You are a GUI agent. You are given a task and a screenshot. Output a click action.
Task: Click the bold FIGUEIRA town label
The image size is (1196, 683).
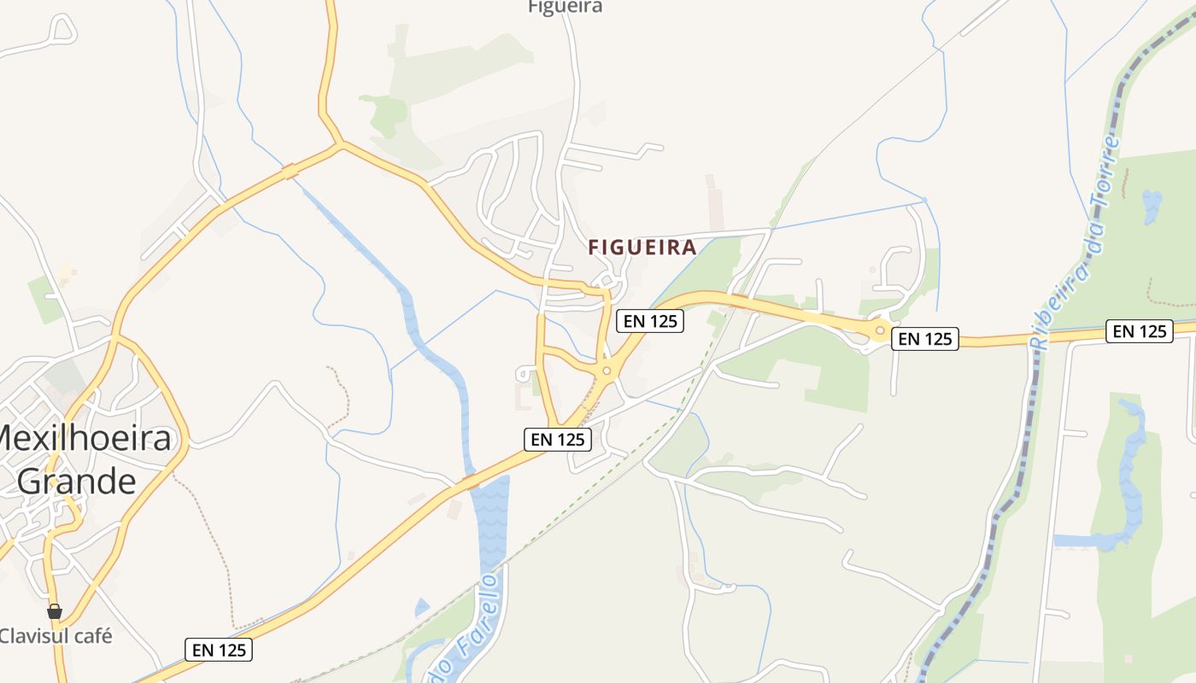tap(642, 248)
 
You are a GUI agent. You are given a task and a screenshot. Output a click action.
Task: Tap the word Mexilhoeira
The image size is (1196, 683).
tap(85, 439)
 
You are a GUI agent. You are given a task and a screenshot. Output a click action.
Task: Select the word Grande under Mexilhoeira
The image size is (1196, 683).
tap(77, 481)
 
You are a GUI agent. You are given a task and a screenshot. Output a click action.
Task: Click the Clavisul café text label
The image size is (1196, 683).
tap(56, 636)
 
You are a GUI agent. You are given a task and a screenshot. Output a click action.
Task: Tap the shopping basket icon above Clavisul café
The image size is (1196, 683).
tap(55, 611)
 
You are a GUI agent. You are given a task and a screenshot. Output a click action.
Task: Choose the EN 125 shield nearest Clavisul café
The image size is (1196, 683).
tap(220, 650)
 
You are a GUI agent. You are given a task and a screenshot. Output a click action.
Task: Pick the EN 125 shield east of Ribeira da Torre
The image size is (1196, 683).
tap(1140, 331)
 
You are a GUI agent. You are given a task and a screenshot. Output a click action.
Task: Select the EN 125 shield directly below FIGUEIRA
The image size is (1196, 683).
tap(649, 320)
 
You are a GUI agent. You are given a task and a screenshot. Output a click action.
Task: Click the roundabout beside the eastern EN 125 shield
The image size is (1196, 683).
tap(880, 330)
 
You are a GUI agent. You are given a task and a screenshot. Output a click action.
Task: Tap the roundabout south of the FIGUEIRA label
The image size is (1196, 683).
tap(607, 371)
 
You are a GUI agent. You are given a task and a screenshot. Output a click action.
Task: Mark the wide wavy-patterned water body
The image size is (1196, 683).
tap(490, 517)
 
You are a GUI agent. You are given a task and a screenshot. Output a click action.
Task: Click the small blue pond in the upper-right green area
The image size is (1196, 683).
tap(1152, 205)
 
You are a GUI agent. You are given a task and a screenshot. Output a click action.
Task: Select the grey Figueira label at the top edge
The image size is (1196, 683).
tap(565, 7)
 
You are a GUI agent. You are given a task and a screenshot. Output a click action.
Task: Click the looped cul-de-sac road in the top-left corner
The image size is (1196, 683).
tap(62, 29)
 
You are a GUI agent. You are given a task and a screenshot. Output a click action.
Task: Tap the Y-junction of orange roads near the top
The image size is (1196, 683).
tap(340, 143)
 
